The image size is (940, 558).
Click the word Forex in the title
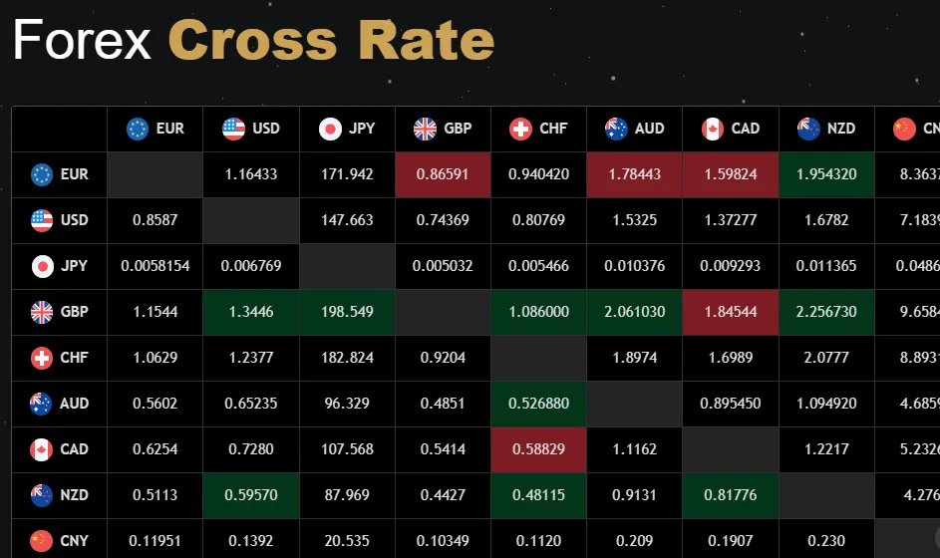(x=82, y=41)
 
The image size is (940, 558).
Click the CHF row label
(x=60, y=358)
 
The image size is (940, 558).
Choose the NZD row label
(x=60, y=495)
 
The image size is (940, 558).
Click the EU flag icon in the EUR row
(x=42, y=174)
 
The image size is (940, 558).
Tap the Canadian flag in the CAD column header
(x=712, y=129)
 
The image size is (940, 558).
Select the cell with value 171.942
(x=346, y=174)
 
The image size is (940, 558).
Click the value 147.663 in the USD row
(x=346, y=220)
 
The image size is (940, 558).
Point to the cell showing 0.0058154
(x=155, y=266)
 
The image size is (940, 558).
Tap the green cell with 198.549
(x=346, y=312)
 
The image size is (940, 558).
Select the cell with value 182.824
(x=346, y=358)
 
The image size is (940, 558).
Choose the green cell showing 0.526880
(x=538, y=404)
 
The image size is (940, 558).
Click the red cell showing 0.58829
(x=538, y=449)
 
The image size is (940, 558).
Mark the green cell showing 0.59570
(x=250, y=495)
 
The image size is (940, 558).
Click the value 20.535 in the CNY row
(x=346, y=541)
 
